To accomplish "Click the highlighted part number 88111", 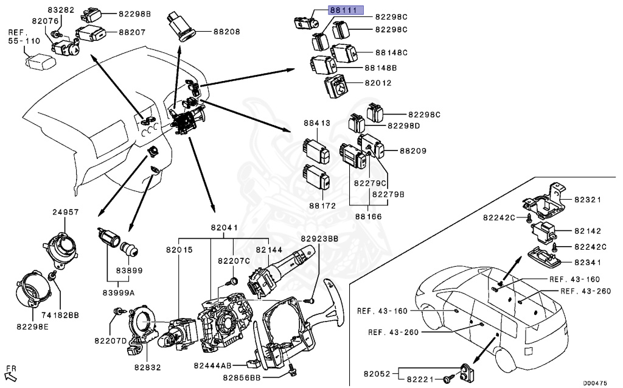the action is pyautogui.click(x=346, y=10).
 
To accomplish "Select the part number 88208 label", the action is pyautogui.click(x=227, y=32).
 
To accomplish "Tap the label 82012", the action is pyautogui.click(x=378, y=83).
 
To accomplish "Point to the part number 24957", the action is pyautogui.click(x=66, y=212).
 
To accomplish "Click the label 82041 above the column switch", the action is pyautogui.click(x=224, y=228).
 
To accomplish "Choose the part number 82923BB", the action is pyautogui.click(x=319, y=239).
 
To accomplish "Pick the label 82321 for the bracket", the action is pyautogui.click(x=588, y=200).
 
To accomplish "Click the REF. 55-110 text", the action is pyautogui.click(x=24, y=37).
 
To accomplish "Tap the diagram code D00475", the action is pyautogui.click(x=595, y=383).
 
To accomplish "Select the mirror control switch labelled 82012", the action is pyautogui.click(x=336, y=85).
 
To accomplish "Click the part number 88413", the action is pyautogui.click(x=317, y=124).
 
